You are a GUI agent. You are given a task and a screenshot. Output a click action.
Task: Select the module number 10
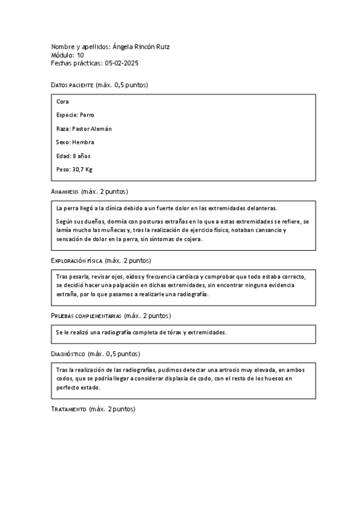tap(81, 55)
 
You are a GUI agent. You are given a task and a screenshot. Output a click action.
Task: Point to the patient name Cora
tap(62, 102)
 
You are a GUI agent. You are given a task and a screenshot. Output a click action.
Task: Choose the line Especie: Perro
tap(75, 115)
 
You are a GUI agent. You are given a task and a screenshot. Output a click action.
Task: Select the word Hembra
tap(83, 142)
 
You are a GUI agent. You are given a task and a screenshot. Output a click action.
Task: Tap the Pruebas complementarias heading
tap(87, 316)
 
